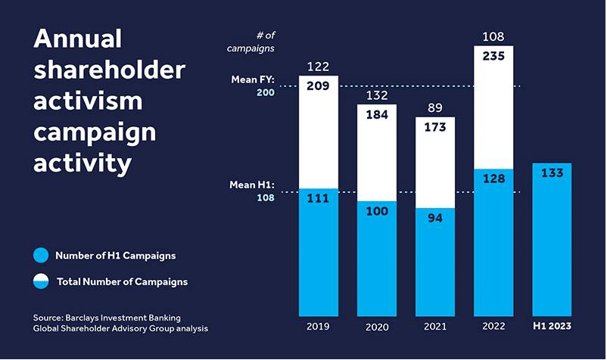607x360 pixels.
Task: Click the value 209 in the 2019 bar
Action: (319, 86)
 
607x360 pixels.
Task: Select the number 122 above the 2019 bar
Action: (319, 67)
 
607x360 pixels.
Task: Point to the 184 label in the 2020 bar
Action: (376, 115)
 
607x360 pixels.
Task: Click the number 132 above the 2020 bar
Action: (376, 95)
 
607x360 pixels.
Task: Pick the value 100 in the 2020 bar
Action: (376, 210)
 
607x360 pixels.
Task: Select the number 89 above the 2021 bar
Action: (435, 108)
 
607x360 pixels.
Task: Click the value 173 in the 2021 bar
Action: (435, 127)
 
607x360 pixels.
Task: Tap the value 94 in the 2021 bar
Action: (435, 218)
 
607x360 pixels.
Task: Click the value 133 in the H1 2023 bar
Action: (552, 173)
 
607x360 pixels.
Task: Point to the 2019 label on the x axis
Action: (319, 326)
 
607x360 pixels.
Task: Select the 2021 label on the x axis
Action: (435, 326)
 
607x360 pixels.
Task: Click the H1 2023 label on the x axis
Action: (552, 326)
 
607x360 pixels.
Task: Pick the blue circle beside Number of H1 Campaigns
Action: (41, 256)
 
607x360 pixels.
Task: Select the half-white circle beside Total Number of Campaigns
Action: (41, 281)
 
